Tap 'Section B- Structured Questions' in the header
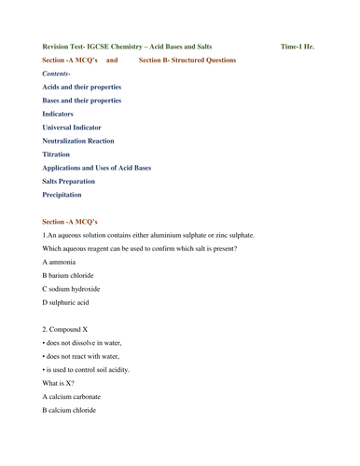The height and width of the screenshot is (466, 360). [187, 60]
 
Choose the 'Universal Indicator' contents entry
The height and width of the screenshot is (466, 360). [72, 127]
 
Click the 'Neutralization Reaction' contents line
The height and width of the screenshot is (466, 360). [78, 141]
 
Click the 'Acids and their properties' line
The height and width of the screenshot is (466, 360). [82, 87]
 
